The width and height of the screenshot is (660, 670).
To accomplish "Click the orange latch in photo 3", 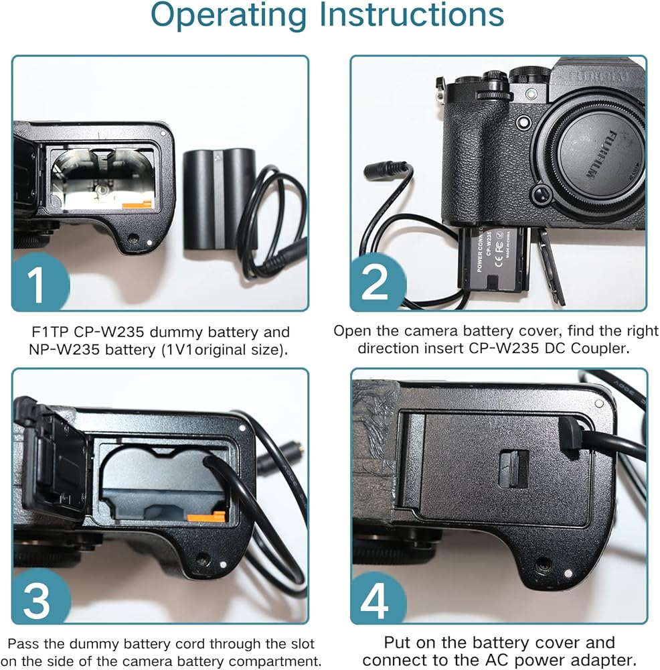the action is [x=205, y=517].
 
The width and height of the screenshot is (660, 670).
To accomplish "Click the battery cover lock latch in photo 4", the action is [x=513, y=467].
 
